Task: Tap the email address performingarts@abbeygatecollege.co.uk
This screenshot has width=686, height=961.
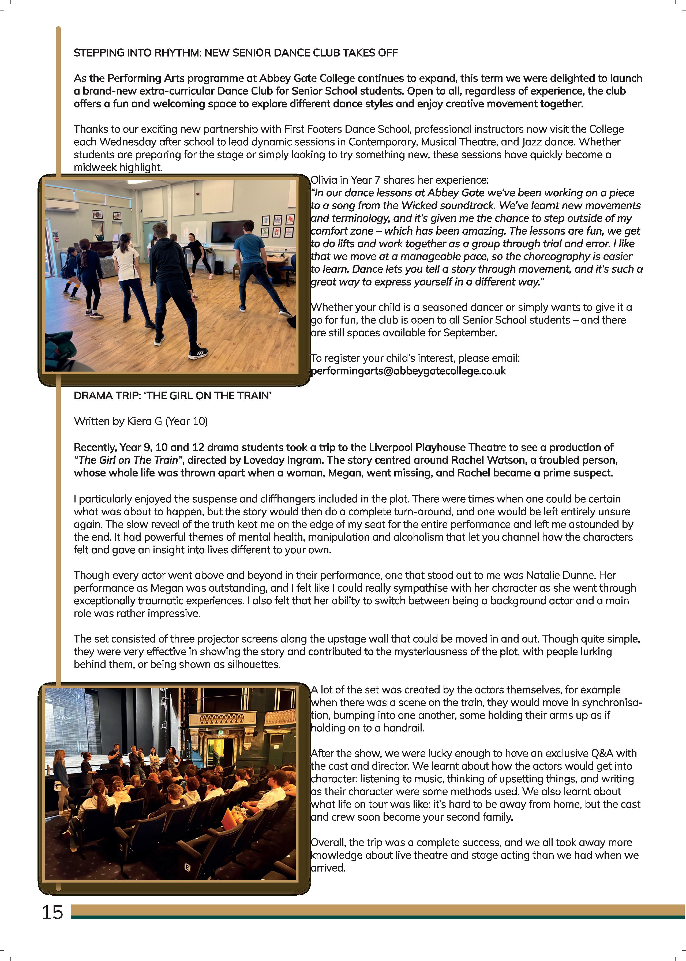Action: click(x=408, y=371)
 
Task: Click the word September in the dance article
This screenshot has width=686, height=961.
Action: click(x=470, y=333)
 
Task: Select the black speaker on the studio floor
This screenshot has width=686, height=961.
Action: click(x=219, y=267)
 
